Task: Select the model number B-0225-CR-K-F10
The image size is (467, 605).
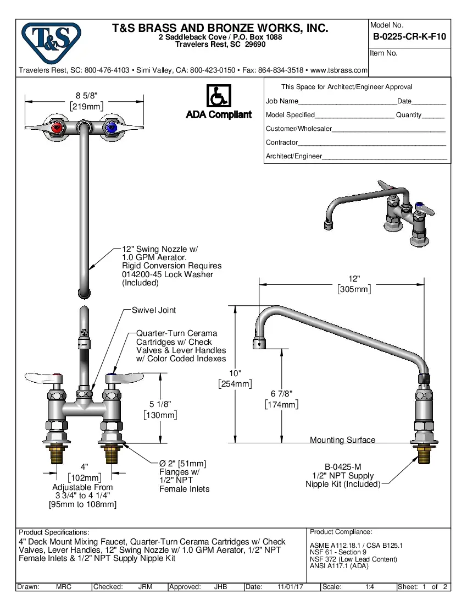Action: pos(409,37)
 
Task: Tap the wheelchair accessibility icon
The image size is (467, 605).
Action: pos(219,96)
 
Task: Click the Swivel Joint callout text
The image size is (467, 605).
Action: pos(154,310)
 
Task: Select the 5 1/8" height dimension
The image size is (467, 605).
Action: pos(160,404)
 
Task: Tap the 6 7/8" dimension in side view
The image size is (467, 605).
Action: pos(281,394)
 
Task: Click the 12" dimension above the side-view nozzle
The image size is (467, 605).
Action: pos(354,279)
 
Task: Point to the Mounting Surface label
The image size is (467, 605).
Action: pos(342,440)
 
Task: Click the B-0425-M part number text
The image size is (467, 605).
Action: pos(343,466)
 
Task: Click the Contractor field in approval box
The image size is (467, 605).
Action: pos(371,143)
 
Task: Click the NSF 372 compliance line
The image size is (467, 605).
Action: pos(353,559)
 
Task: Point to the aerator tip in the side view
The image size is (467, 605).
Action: pos(259,344)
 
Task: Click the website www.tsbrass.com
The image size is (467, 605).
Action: pos(338,70)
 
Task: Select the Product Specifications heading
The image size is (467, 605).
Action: pos(53,532)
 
